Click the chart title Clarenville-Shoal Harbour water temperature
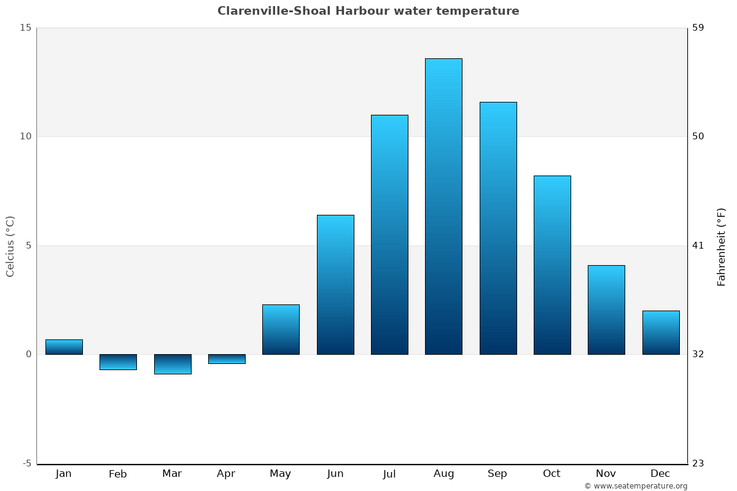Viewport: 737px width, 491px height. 368,11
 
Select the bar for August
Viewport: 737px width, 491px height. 443,206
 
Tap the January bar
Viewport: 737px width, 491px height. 64,347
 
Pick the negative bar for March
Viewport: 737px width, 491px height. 173,364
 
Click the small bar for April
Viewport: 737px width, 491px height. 227,359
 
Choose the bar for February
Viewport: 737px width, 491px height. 118,362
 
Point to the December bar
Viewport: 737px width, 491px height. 661,333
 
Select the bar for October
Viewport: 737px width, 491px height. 552,265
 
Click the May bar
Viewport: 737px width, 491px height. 281,330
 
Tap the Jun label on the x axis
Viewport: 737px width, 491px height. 335,474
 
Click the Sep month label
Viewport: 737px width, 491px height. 497,474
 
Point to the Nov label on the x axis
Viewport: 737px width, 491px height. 606,474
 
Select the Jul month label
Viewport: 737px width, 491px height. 389,474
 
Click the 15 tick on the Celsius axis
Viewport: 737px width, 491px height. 25,28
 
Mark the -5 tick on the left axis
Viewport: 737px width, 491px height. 26,463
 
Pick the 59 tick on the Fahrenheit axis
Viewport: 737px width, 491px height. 698,28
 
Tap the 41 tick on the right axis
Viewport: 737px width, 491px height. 698,245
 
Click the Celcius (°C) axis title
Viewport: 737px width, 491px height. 10,246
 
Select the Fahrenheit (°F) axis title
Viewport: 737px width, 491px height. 722,246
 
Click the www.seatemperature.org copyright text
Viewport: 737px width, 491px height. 636,486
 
